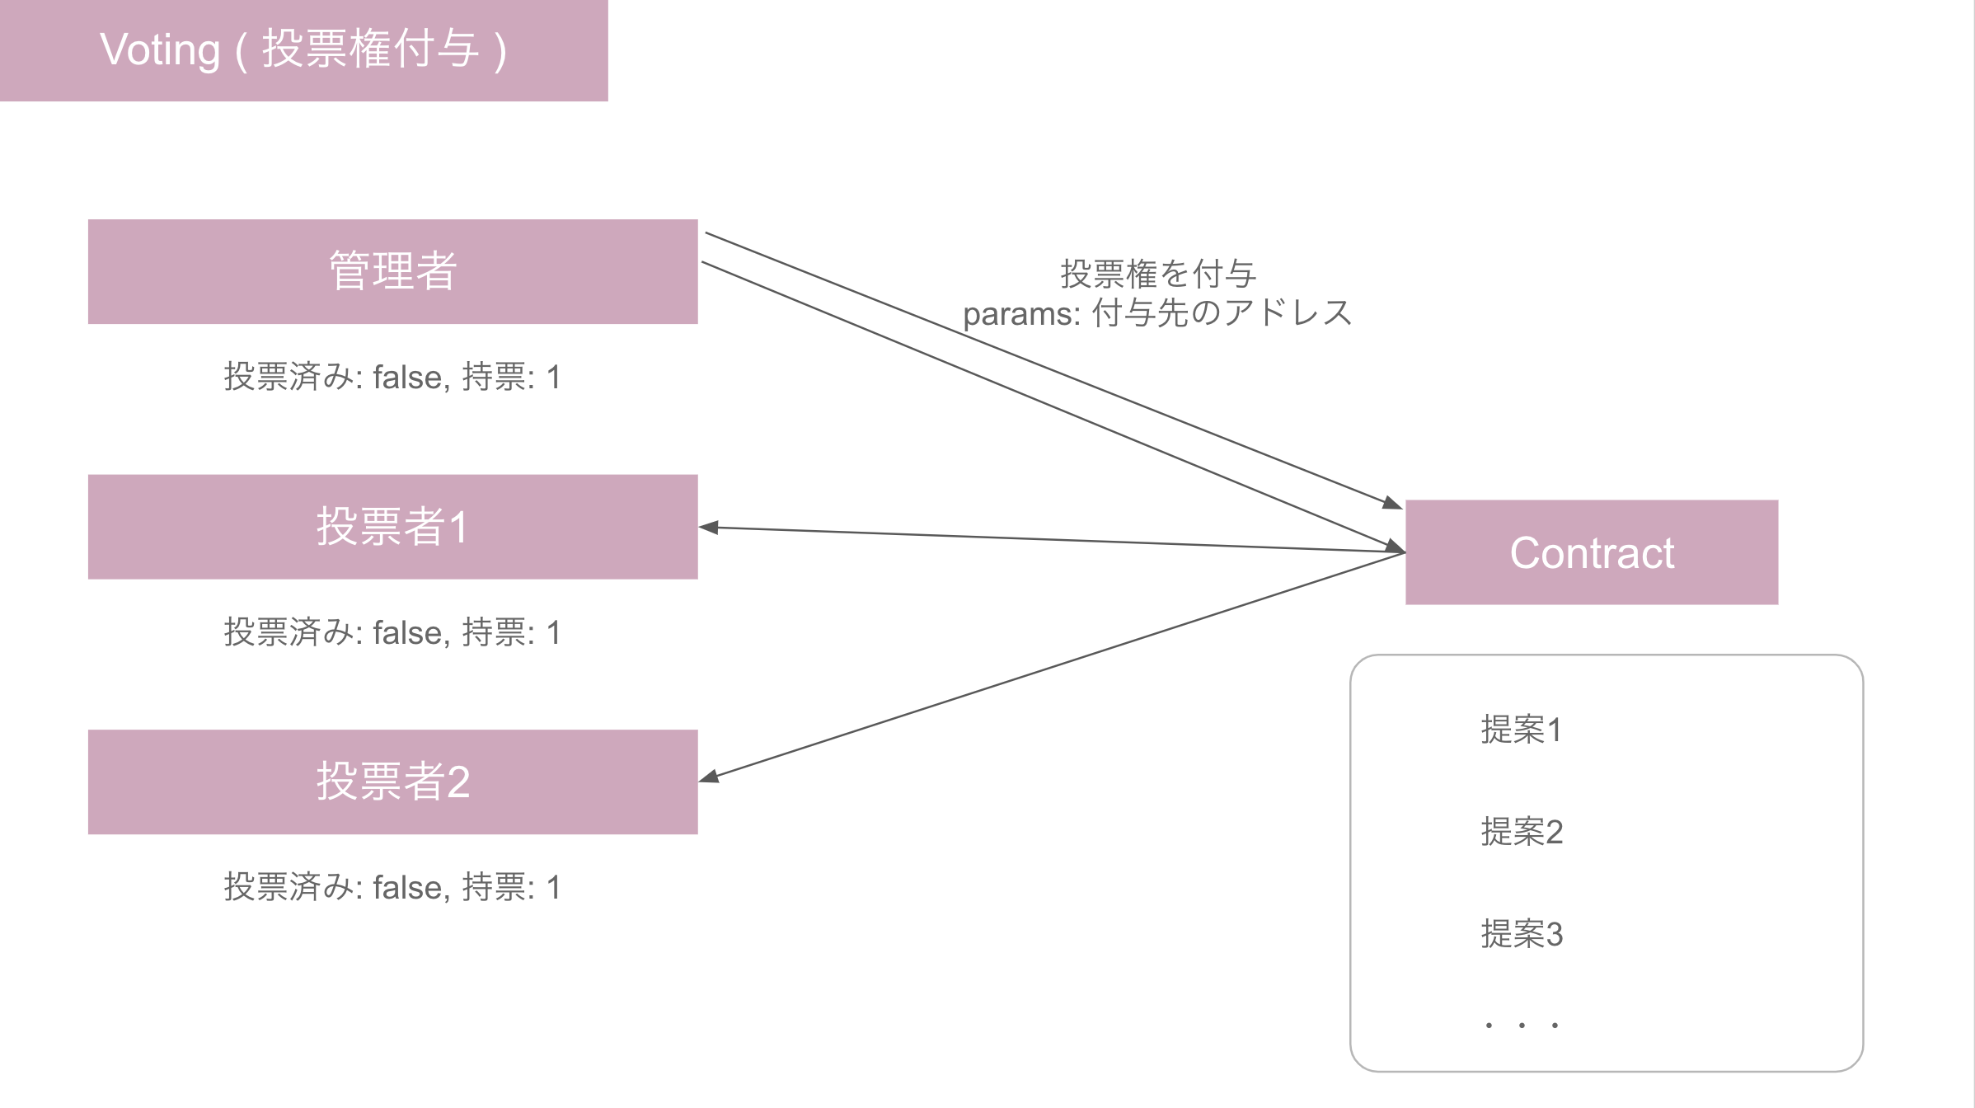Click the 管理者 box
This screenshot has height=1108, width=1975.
pos(392,271)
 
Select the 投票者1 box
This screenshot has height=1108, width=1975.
pos(392,526)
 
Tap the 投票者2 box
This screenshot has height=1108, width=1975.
pos(392,782)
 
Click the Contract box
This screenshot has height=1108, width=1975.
pos(1591,552)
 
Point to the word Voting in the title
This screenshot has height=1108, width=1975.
pos(160,49)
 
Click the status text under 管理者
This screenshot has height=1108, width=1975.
pos(392,377)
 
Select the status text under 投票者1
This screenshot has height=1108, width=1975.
pos(392,632)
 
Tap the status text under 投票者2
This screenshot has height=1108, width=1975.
pos(392,887)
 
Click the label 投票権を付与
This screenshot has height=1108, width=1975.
pos(1157,274)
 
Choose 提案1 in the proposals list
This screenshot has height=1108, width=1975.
pos(1521,730)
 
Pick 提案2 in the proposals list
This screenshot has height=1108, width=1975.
pos(1522,832)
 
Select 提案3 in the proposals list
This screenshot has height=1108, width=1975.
pos(1522,934)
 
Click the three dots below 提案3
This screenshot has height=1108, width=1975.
pos(1522,1025)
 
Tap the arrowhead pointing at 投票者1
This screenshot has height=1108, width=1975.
pos(707,528)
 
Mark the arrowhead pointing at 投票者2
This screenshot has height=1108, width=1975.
pos(709,777)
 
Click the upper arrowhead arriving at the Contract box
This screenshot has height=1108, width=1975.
pos(1393,503)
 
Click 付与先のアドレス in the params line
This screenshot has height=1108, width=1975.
pos(1222,313)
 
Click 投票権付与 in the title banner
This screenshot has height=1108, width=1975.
pos(371,49)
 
